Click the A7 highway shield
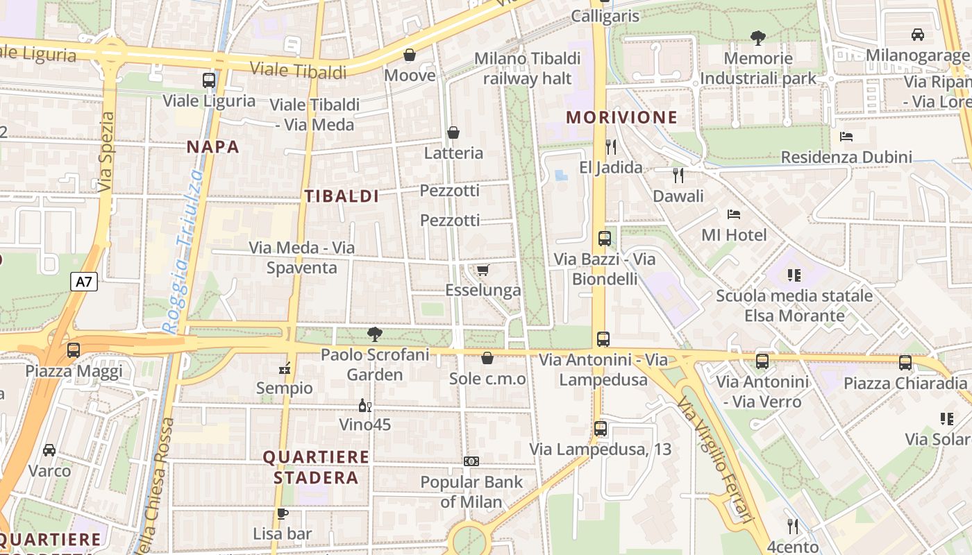pyautogui.click(x=84, y=282)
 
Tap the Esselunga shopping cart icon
pyautogui.click(x=483, y=270)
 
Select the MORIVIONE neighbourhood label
pyautogui.click(x=621, y=117)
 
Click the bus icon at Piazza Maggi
pyautogui.click(x=74, y=350)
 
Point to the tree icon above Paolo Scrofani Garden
pyautogui.click(x=375, y=334)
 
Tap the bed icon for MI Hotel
pyautogui.click(x=734, y=214)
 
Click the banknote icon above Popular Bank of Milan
pyautogui.click(x=471, y=461)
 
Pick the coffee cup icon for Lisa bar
pyautogui.click(x=282, y=513)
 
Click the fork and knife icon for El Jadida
pyautogui.click(x=611, y=146)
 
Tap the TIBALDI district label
pyautogui.click(x=342, y=196)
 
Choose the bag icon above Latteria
pyautogui.click(x=453, y=133)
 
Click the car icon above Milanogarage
pyautogui.click(x=918, y=34)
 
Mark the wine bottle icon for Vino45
pyautogui.click(x=364, y=405)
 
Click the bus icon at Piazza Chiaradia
pyautogui.click(x=905, y=362)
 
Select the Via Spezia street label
pyautogui.click(x=106, y=153)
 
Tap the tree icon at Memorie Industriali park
pyautogui.click(x=758, y=37)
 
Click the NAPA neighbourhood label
pyautogui.click(x=213, y=146)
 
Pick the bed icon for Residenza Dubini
pyautogui.click(x=846, y=137)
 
